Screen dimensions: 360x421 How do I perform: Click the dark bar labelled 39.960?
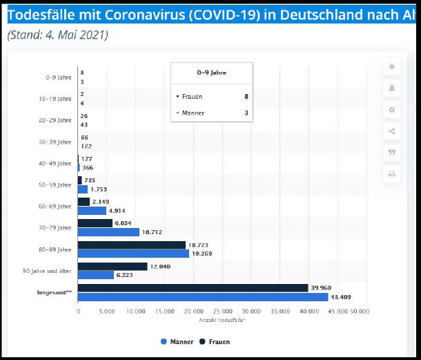click(193, 287)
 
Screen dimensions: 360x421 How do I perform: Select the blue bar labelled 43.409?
click(203, 297)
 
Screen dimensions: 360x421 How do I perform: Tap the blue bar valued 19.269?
click(133, 254)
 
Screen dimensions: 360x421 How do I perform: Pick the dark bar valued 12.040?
click(112, 266)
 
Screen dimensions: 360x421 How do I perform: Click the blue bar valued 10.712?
click(108, 232)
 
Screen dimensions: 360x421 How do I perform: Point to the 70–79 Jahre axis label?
click(55, 227)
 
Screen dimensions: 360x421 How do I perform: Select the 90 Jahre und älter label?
click(48, 270)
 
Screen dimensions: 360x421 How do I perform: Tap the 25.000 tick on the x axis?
click(222, 312)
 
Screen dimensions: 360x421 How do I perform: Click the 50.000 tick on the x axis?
click(360, 312)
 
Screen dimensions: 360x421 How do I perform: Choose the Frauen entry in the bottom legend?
click(215, 341)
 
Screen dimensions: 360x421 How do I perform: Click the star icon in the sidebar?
click(392, 66)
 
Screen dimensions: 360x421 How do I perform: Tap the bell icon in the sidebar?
click(392, 88)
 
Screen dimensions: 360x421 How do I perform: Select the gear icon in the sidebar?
click(392, 110)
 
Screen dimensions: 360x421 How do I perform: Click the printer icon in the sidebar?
click(392, 174)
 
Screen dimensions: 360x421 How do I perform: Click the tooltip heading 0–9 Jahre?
click(212, 73)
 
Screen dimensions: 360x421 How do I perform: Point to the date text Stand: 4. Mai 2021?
click(58, 35)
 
